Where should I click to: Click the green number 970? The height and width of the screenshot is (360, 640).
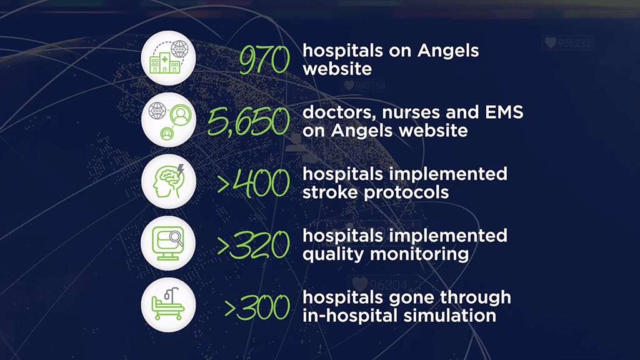click(264, 59)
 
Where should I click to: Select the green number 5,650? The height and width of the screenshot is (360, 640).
click(249, 122)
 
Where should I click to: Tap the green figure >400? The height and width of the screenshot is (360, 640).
click(254, 183)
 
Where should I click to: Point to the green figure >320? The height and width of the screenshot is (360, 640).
click(254, 245)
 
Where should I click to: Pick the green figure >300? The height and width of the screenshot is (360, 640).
click(257, 307)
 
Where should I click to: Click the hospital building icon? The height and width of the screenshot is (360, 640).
click(169, 57)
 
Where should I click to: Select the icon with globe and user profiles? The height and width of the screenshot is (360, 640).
click(169, 119)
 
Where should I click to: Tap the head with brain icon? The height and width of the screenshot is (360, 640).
click(169, 181)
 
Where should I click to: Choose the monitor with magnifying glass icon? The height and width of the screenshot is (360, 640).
click(167, 243)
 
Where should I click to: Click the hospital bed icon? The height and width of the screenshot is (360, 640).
click(168, 304)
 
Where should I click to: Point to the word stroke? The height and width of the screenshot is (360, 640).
click(329, 192)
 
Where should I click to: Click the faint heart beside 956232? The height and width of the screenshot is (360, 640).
click(551, 42)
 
